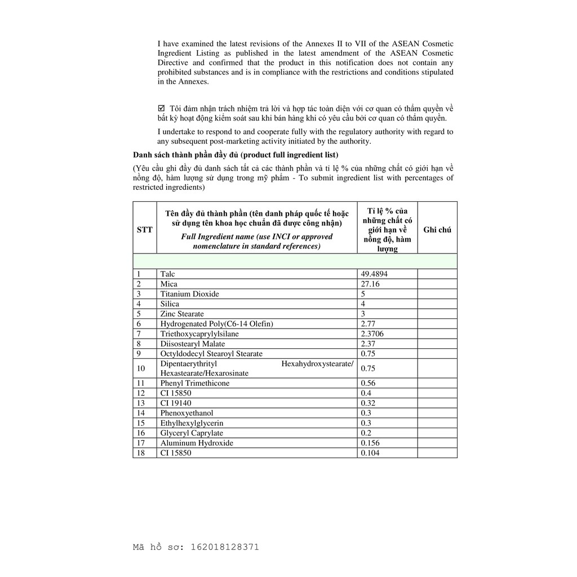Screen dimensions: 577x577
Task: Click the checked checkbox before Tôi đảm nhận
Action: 161,108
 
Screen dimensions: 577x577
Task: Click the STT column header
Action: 144,230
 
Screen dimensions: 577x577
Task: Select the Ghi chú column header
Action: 437,230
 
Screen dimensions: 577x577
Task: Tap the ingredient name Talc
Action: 167,274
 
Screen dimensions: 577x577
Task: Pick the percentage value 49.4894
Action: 374,274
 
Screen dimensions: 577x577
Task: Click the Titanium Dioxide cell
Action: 189,294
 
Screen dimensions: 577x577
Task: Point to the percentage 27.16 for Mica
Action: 370,284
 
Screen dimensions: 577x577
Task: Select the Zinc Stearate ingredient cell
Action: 182,314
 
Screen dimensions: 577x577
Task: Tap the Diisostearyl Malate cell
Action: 192,344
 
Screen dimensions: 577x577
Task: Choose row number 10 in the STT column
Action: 141,368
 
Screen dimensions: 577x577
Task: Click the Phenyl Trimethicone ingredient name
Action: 194,383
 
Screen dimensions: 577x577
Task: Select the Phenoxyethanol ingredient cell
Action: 187,413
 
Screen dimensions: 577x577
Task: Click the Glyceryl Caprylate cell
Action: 192,433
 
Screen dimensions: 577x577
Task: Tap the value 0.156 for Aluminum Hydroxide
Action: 370,443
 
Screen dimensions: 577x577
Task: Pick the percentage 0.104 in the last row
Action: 370,453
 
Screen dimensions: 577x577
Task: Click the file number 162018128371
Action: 225,547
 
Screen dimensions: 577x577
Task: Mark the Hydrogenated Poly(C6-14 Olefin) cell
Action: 216,324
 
